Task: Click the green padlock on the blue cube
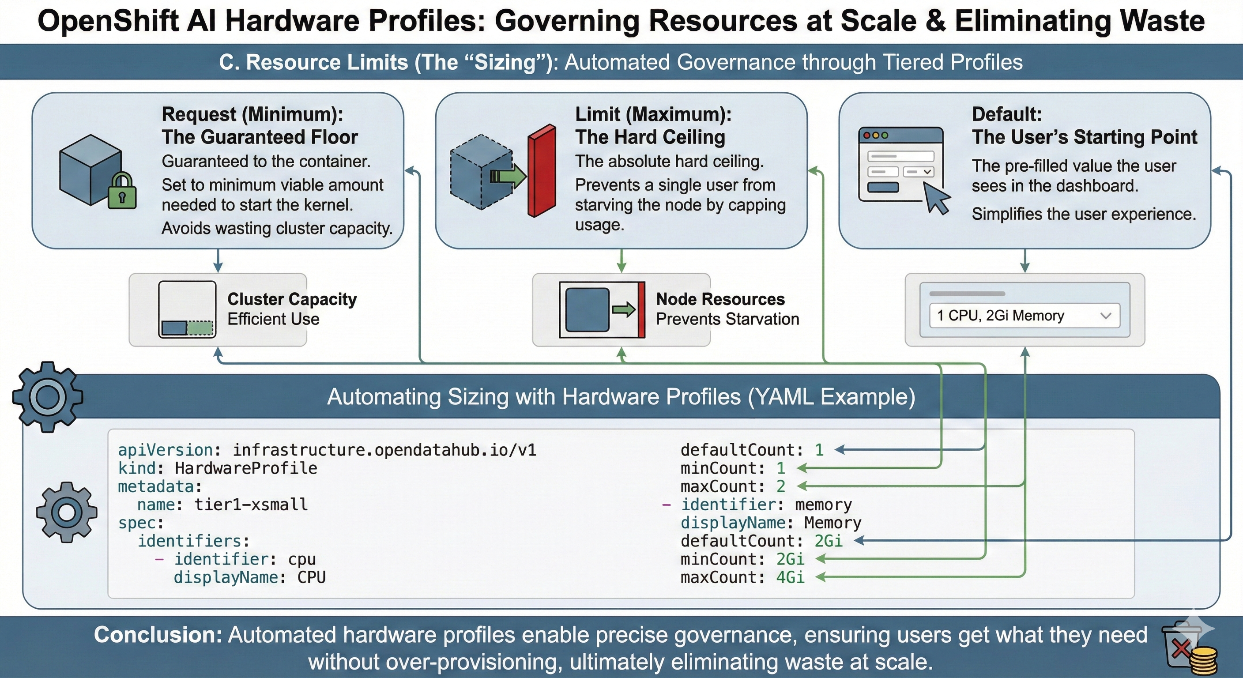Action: (121, 192)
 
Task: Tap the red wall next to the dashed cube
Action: (542, 171)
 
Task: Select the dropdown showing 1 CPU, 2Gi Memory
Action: (1024, 316)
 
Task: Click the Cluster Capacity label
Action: (292, 299)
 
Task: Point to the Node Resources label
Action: (720, 299)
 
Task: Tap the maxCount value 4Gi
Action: (790, 577)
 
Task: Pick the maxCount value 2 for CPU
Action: (781, 486)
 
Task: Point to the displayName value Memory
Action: (832, 523)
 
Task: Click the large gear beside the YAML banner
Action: (47, 397)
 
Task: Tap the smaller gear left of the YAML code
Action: (66, 512)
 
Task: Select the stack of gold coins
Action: (1203, 661)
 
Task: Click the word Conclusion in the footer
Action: (157, 635)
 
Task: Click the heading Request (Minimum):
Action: (252, 114)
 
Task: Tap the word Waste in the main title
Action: (1162, 21)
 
